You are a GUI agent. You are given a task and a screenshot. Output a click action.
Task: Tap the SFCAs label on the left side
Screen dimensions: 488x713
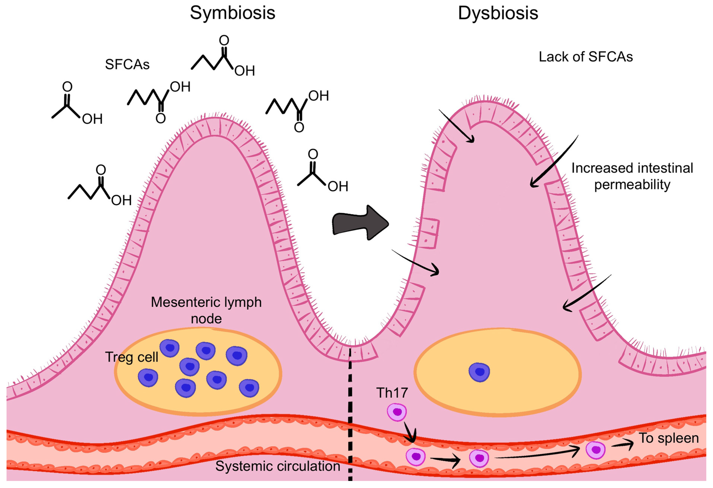(127, 64)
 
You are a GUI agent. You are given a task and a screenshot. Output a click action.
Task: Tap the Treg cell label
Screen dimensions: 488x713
(131, 357)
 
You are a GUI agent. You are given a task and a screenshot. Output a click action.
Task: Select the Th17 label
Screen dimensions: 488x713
(392, 393)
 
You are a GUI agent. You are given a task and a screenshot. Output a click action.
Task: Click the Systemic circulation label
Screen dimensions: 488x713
(278, 466)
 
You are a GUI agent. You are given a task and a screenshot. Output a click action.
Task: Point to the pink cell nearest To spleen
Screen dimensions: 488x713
(595, 450)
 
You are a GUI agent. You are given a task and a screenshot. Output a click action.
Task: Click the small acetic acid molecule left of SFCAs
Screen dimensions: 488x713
(77, 104)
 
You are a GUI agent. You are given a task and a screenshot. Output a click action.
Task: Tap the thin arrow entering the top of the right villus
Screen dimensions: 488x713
(457, 126)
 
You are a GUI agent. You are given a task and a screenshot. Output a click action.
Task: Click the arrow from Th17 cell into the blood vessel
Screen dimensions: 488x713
(409, 433)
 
